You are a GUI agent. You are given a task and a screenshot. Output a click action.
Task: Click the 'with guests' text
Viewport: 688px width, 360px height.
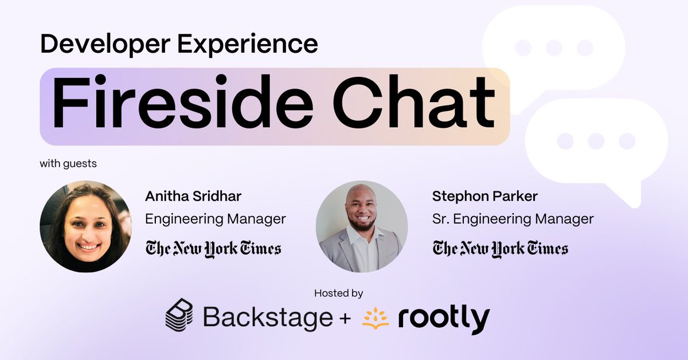pos(68,164)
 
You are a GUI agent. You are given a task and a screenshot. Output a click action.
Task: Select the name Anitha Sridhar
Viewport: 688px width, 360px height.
pos(193,196)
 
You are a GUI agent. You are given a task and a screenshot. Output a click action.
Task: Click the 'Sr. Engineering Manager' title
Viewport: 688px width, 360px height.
pos(513,218)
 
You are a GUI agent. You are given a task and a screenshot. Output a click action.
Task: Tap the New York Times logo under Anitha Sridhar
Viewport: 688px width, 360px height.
pos(213,248)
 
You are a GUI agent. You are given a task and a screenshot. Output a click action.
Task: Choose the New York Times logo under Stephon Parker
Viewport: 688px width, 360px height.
pos(501,248)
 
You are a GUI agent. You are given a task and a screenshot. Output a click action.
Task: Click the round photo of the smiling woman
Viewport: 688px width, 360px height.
pos(85,226)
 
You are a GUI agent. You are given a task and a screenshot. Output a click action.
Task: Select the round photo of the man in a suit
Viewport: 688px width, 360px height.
pos(362,226)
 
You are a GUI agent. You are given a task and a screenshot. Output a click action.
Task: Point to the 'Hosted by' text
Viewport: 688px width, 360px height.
pos(338,293)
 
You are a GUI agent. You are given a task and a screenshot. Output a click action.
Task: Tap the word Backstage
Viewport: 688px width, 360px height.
pos(268,317)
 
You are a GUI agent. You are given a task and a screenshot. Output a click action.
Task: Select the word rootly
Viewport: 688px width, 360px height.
pos(444,319)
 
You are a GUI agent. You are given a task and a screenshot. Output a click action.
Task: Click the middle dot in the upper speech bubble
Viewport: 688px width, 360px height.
pos(554,48)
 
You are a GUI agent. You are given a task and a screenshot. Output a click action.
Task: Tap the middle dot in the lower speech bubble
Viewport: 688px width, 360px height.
pos(596,140)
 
